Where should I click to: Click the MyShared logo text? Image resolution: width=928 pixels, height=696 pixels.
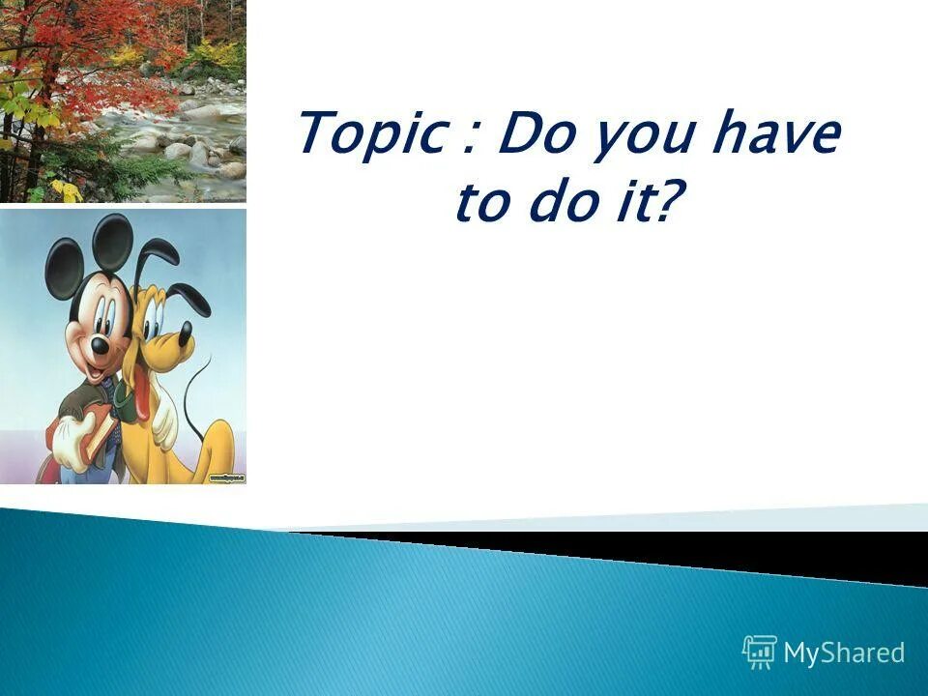click(844, 653)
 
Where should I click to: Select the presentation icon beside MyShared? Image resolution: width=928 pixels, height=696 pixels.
click(760, 652)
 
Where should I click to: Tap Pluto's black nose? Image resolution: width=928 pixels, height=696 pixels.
click(185, 334)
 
